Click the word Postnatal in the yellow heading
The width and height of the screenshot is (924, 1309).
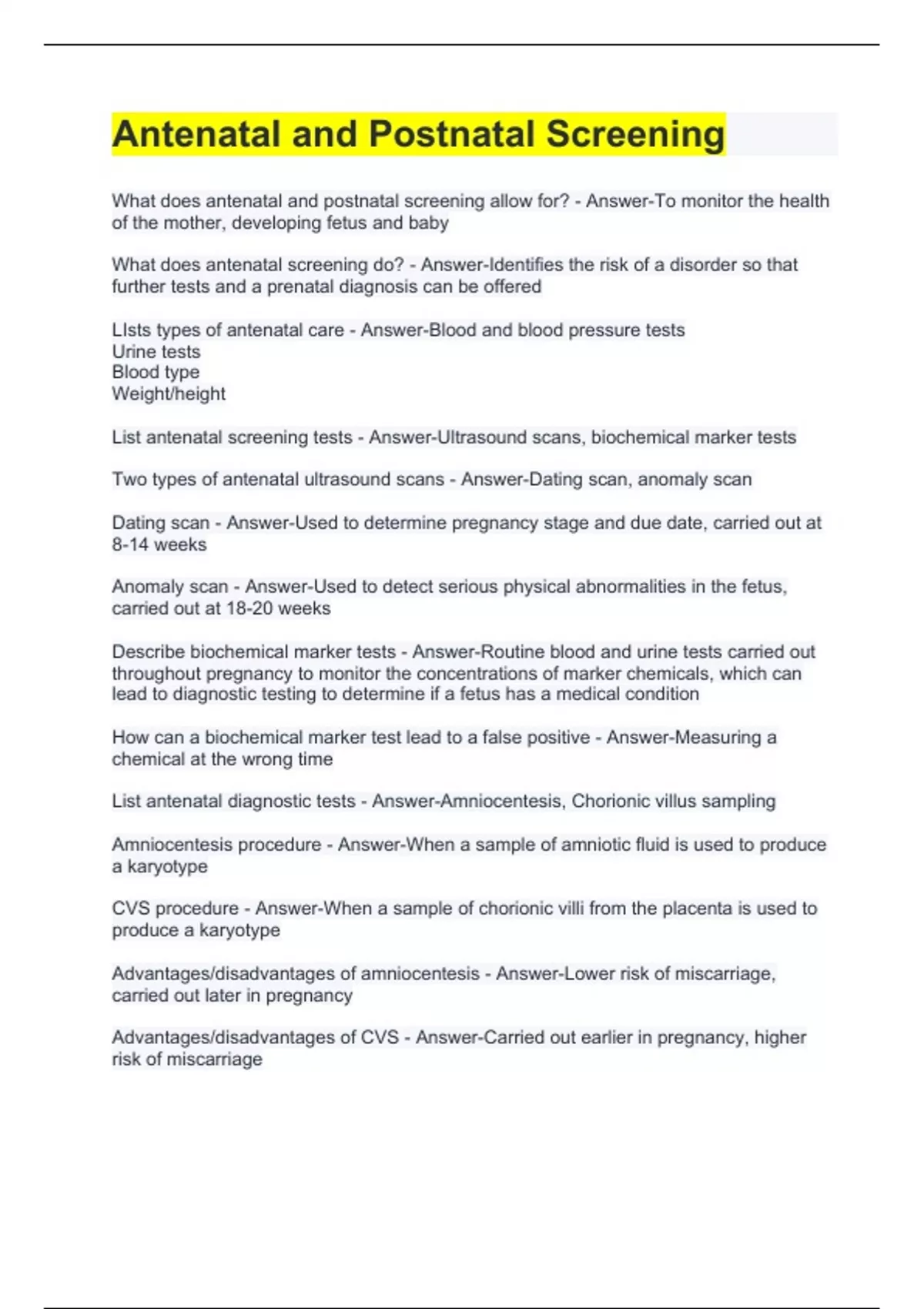tap(451, 134)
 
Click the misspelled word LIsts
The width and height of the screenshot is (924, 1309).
tap(131, 330)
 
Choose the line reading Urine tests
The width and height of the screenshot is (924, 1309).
tap(156, 352)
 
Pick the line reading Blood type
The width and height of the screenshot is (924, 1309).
tap(156, 373)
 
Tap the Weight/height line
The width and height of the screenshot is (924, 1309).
tap(169, 394)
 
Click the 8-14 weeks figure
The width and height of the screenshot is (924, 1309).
tap(159, 545)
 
